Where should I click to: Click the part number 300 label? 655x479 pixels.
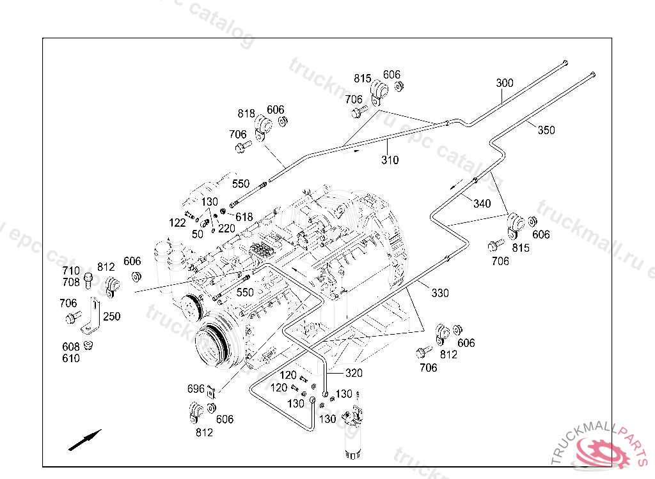505,84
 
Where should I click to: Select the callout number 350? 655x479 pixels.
546,130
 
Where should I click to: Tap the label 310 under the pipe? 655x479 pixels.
390,160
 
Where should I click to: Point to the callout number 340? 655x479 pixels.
482,204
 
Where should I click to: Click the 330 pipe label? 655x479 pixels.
440,293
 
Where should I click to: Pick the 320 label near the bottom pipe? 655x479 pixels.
354,374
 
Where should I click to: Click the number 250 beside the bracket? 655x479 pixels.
112,317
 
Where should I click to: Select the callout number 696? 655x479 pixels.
195,389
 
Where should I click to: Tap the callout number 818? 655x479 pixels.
246,114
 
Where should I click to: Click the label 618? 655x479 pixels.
244,217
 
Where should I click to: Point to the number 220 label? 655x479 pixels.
226,228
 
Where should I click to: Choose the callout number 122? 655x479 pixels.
177,223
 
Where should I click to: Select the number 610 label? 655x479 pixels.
71,358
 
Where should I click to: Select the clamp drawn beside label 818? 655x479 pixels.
262,126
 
